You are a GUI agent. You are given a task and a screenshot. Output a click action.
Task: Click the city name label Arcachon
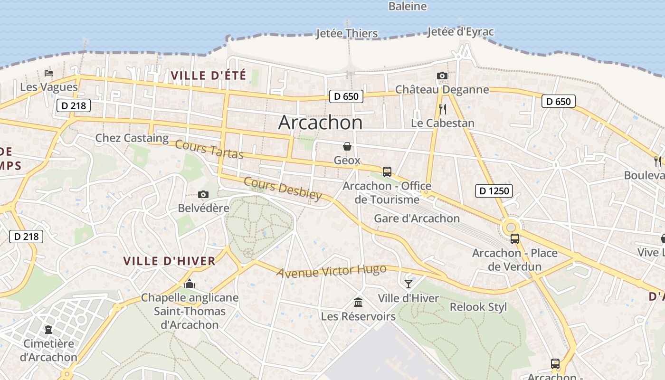click(x=320, y=123)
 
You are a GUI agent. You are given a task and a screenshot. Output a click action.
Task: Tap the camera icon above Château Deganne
click(x=442, y=76)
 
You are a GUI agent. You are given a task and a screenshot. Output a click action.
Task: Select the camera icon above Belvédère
click(x=203, y=194)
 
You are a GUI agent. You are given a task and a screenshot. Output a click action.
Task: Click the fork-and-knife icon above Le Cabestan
click(x=443, y=109)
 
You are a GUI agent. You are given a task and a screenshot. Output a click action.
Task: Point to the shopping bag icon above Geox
click(x=347, y=146)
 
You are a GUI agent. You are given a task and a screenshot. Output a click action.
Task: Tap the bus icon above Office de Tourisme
click(x=387, y=171)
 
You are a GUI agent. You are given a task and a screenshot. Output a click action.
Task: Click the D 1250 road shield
click(x=494, y=191)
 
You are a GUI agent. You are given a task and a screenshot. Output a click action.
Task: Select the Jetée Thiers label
click(x=347, y=33)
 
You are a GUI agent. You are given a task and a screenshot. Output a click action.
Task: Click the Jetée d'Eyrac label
click(x=460, y=32)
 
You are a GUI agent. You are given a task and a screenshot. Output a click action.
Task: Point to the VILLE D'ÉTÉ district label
click(x=209, y=75)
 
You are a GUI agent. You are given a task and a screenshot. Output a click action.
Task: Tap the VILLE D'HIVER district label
click(x=170, y=261)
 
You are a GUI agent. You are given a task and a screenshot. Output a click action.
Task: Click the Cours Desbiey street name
click(x=283, y=189)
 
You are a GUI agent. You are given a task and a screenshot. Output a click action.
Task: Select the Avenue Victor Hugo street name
click(x=331, y=271)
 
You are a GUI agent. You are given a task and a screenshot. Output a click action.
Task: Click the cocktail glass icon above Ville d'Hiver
click(x=408, y=284)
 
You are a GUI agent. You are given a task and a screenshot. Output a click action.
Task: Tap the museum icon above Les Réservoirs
click(x=358, y=302)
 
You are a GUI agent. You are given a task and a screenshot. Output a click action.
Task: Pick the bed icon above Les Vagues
click(x=48, y=73)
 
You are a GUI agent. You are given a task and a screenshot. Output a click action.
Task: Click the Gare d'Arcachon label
click(x=417, y=218)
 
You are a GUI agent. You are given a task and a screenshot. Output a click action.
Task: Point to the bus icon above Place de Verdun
click(x=514, y=238)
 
